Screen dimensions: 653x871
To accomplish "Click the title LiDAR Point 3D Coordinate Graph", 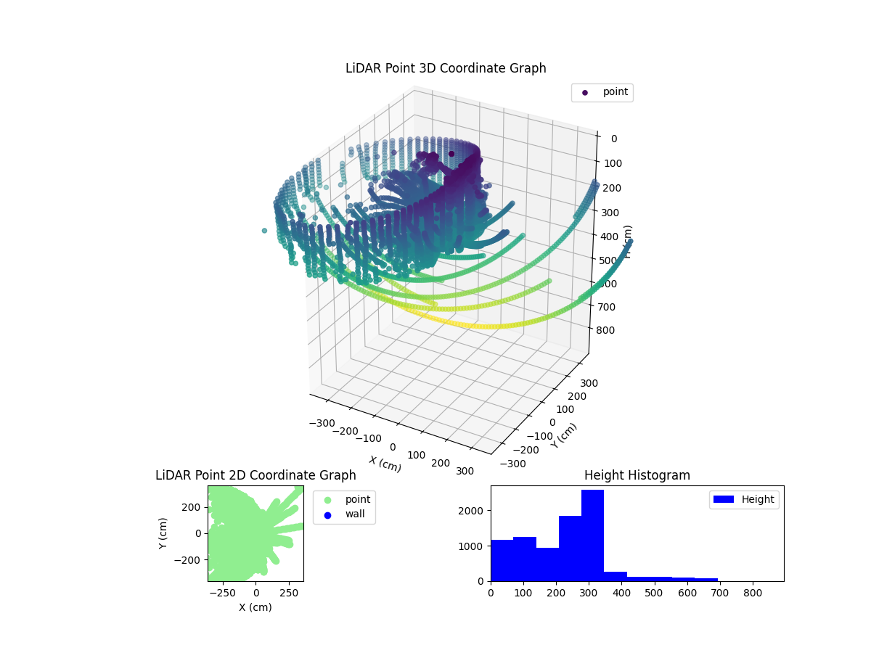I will (446, 68).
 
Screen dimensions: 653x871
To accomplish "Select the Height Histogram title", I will (637, 475).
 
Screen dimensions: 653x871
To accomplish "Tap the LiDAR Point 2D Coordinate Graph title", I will (255, 475).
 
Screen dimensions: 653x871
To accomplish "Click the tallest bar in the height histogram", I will (592, 535).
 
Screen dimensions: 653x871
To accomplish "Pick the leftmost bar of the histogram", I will (502, 560).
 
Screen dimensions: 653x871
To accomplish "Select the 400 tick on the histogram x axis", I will (621, 592).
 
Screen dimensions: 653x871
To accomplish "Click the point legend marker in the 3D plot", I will (585, 93).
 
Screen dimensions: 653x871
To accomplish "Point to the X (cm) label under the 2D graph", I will (255, 607).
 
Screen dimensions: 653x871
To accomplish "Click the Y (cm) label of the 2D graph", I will (163, 533).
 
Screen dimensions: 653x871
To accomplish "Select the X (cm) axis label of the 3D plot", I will (385, 464).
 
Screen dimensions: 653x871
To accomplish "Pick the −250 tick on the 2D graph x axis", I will (222, 592).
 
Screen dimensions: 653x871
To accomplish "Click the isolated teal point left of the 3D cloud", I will (264, 231).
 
